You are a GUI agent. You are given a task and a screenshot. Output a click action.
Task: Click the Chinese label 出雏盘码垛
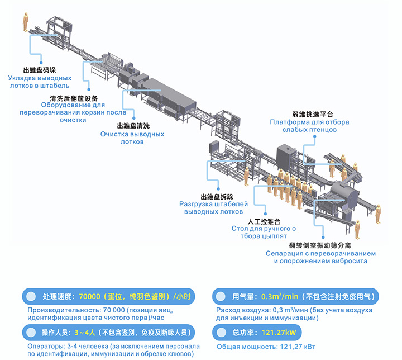[40, 70]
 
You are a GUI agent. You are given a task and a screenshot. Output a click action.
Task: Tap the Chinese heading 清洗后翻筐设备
[74, 98]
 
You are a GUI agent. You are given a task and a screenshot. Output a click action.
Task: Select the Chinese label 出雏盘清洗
[133, 126]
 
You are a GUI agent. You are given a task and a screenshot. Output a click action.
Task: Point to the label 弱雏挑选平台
[313, 114]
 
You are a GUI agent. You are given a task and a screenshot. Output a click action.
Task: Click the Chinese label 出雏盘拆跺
[217, 197]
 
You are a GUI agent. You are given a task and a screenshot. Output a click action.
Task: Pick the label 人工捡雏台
[264, 221]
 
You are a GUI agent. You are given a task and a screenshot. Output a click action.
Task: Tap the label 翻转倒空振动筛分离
[320, 245]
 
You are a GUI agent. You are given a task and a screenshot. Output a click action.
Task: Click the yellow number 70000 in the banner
[89, 297]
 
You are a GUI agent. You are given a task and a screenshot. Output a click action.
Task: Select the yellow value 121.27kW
[279, 333]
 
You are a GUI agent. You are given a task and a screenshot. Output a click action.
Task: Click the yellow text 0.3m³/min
[280, 297]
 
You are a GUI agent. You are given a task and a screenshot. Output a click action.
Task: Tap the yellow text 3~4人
[85, 333]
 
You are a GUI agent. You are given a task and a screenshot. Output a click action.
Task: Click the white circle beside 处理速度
[31, 297]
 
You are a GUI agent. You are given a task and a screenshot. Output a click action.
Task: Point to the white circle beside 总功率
[221, 333]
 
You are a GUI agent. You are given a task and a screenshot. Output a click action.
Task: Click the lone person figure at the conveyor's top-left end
[26, 22]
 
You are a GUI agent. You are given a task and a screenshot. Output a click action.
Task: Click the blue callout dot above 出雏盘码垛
[41, 63]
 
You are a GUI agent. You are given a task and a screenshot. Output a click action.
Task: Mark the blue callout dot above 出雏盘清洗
[134, 118]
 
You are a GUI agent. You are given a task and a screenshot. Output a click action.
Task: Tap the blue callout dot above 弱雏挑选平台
[314, 136]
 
